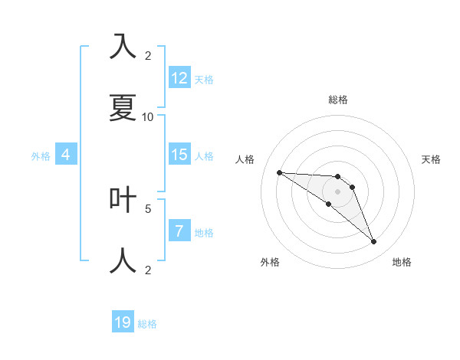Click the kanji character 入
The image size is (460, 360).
(123, 47)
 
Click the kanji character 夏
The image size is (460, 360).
(123, 107)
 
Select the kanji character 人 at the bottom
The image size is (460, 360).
(123, 260)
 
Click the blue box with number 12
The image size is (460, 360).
(179, 77)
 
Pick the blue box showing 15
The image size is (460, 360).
(179, 155)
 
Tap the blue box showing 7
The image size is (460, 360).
(179, 231)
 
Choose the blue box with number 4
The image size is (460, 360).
(66, 155)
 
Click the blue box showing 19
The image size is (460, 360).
(123, 322)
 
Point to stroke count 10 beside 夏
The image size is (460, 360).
(148, 116)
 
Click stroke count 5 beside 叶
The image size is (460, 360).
(148, 208)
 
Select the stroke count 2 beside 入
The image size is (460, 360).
(148, 55)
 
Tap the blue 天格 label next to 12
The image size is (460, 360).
(204, 79)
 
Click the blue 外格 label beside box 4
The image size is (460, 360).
(41, 155)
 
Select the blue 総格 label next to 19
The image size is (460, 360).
(147, 324)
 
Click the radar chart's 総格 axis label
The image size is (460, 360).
(338, 100)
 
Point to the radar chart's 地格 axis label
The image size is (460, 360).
(402, 262)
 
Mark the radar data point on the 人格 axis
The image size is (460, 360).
(279, 172)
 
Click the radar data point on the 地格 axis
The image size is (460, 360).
(373, 242)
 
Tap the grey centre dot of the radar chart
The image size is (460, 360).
(337, 191)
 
